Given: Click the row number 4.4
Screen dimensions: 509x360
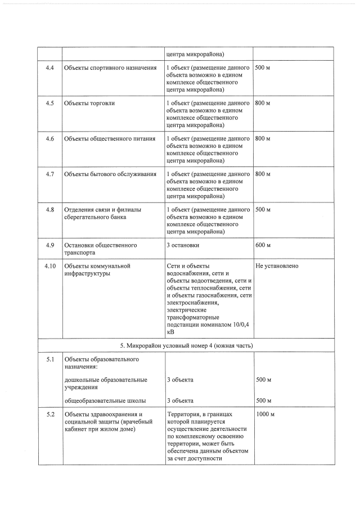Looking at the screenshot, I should (x=49, y=68).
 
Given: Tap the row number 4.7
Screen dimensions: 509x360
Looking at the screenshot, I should (x=49, y=174).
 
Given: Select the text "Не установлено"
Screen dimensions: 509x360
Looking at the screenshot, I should (x=277, y=265).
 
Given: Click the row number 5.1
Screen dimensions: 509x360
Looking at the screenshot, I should (x=49, y=359).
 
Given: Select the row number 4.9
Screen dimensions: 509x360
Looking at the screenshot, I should (x=49, y=245).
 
